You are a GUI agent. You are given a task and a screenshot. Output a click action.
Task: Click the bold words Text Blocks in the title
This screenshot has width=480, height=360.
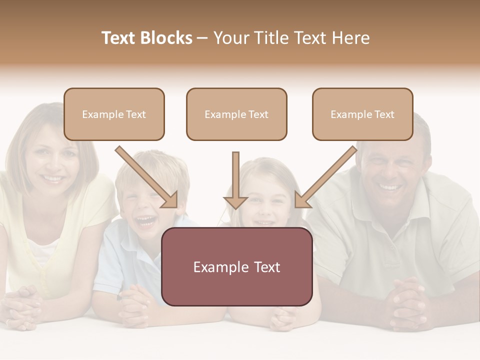tap(147, 38)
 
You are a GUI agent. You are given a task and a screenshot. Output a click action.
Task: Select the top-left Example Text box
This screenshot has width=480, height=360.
tap(114, 114)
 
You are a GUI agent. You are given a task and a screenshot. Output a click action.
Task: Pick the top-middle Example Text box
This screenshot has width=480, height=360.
tap(236, 114)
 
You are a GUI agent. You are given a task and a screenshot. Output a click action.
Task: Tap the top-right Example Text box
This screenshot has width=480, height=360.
tap(362, 114)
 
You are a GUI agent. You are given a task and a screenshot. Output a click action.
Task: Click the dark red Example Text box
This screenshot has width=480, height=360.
tap(236, 266)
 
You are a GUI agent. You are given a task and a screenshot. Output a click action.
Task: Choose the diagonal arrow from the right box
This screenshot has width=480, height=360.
tap(325, 177)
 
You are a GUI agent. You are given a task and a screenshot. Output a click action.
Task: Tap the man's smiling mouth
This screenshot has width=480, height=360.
tap(390, 187)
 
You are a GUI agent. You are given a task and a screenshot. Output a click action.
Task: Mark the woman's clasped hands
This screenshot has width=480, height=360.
tap(23, 305)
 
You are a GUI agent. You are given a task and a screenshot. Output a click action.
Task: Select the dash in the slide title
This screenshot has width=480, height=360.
tap(202, 38)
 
